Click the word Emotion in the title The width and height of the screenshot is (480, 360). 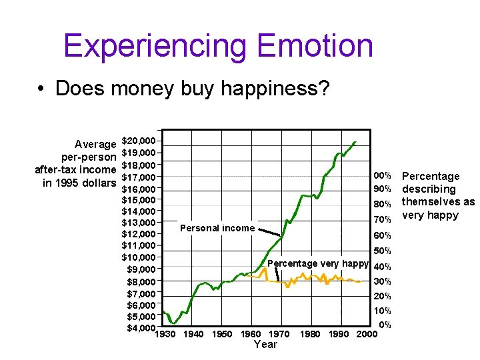314,46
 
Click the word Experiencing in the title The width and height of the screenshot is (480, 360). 155,46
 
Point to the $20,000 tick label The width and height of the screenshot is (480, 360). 139,141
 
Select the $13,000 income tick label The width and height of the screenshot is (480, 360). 139,222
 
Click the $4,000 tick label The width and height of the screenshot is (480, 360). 141,327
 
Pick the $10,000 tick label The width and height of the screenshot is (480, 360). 139,257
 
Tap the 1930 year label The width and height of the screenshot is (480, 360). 165,333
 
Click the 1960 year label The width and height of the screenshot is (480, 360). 251,333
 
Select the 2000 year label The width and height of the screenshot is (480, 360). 366,333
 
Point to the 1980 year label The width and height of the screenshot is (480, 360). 310,333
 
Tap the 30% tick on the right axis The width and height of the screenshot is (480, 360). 382,281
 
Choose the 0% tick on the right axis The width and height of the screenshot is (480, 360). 385,325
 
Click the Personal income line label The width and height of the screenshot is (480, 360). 217,228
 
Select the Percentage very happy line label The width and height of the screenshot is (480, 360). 318,263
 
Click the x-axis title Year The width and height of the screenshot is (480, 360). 265,345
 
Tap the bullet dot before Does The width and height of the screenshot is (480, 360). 41,89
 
